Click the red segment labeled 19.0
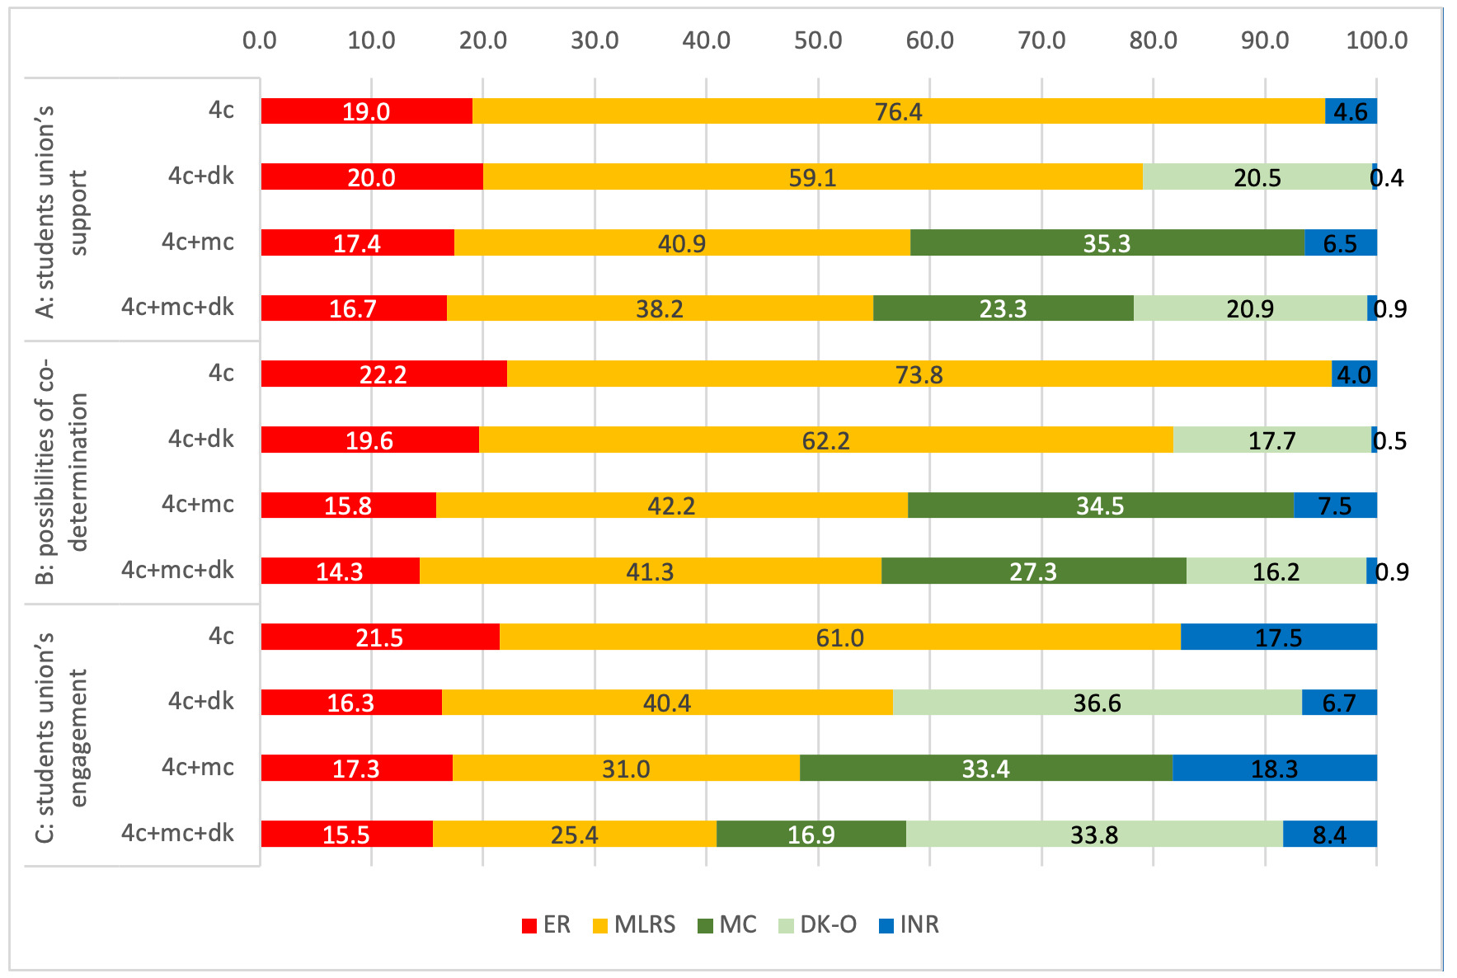[x=366, y=111]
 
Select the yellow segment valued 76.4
[x=898, y=111]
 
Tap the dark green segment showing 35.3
[x=1107, y=242]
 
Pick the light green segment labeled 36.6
[x=1097, y=703]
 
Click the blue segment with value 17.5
[x=1278, y=637]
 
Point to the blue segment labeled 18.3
[x=1274, y=768]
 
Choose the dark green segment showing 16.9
[x=811, y=834]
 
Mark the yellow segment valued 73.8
[x=919, y=374]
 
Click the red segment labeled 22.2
[x=383, y=374]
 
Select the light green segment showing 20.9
[x=1249, y=308]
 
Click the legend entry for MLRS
[x=634, y=924]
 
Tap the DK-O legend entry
[x=818, y=924]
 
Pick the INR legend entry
[x=909, y=924]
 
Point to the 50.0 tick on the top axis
[x=818, y=40]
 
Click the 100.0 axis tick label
[x=1376, y=40]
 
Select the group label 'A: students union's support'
[x=62, y=211]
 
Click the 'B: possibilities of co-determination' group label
[x=62, y=472]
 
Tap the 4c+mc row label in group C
[x=198, y=767]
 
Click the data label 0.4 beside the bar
[x=1388, y=177]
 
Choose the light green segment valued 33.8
[x=1093, y=834]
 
